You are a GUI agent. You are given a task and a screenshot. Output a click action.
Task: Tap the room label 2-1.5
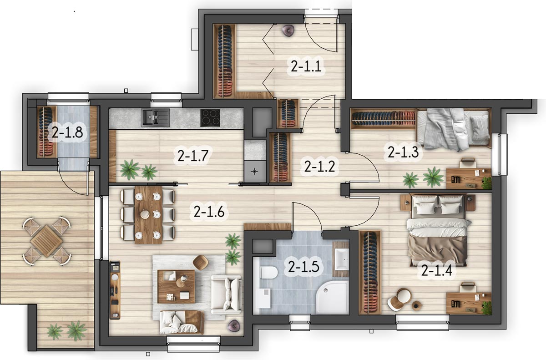303,266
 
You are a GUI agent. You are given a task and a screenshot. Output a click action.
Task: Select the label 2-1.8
67,133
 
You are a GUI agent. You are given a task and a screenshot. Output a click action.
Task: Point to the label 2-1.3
403,152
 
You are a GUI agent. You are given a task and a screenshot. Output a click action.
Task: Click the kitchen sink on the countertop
156,118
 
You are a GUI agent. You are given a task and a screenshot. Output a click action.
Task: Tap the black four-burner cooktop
210,118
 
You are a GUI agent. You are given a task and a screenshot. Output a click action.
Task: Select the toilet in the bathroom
268,272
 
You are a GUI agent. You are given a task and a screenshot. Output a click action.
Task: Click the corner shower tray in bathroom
333,297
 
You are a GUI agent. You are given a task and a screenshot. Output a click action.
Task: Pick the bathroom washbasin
342,259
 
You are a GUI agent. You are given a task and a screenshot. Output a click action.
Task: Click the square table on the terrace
46,241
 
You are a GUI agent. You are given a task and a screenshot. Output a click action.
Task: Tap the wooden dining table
148,215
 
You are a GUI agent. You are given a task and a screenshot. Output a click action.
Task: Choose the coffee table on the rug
176,286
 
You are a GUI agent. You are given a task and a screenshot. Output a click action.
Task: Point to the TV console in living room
115,290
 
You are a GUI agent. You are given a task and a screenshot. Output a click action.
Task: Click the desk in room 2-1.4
469,303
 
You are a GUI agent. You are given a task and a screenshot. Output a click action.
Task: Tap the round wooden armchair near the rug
201,263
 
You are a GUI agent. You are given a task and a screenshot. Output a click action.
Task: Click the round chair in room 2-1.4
399,299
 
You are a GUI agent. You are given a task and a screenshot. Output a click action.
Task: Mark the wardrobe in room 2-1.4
370,272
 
